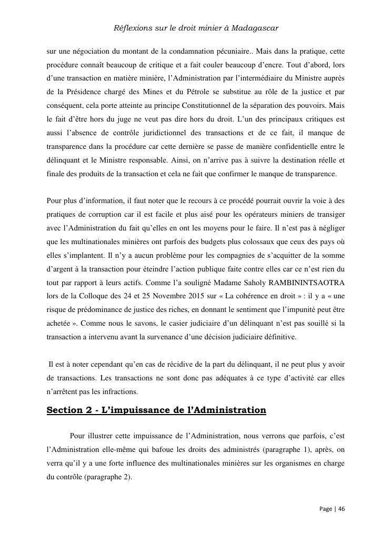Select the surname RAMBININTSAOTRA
[x=308, y=283]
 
